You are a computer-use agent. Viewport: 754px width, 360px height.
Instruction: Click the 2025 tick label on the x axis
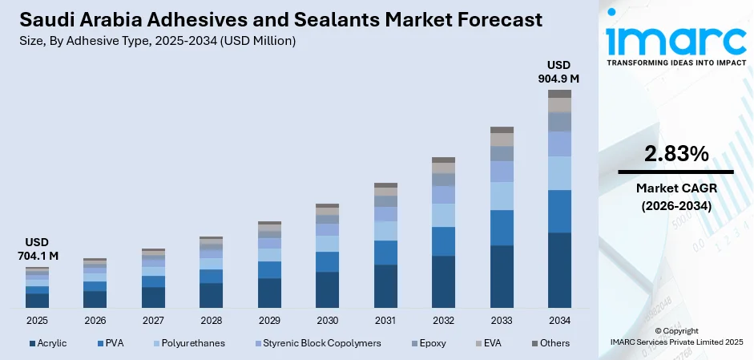click(x=37, y=321)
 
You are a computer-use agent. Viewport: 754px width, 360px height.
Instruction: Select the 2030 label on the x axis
click(x=327, y=321)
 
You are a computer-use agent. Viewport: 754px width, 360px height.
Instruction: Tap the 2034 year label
click(x=559, y=321)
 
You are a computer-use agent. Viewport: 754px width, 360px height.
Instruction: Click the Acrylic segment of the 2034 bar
click(x=559, y=270)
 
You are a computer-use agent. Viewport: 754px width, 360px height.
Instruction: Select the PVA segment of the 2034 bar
click(x=559, y=211)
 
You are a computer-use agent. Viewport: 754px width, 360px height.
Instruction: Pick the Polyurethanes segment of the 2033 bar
click(x=502, y=196)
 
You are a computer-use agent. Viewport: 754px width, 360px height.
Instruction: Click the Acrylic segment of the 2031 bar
click(x=385, y=286)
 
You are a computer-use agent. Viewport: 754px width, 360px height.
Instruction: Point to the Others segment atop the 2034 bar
click(x=559, y=94)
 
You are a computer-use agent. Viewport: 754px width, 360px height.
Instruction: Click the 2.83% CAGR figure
click(x=675, y=154)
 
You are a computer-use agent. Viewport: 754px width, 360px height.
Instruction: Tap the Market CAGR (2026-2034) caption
click(x=675, y=197)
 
